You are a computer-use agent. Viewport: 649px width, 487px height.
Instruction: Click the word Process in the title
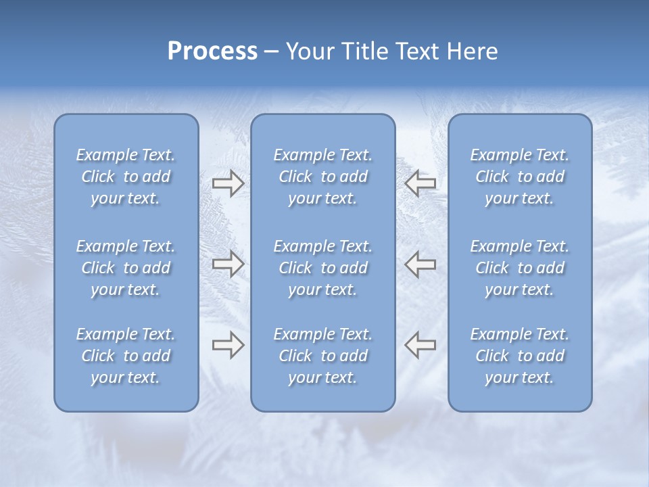tap(212, 51)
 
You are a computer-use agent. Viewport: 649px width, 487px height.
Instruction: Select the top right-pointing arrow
tap(229, 183)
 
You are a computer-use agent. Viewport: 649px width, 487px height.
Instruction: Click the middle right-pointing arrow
tap(229, 264)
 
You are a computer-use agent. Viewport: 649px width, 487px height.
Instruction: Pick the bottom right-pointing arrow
tap(229, 345)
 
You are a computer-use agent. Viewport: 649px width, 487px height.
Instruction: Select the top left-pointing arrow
tap(420, 183)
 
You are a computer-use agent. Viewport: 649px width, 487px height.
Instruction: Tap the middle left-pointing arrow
tap(420, 264)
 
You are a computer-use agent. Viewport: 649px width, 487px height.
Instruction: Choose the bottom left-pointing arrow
tap(420, 345)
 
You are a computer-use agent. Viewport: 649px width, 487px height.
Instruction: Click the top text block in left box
tap(126, 177)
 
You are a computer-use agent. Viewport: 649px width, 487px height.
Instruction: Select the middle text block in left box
tap(126, 268)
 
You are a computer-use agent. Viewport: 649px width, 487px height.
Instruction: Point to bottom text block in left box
tap(126, 356)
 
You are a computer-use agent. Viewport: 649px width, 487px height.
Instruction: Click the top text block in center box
tap(323, 177)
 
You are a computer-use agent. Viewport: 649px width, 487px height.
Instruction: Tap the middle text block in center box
tap(323, 268)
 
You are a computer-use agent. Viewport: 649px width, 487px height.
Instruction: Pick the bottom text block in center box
tap(323, 356)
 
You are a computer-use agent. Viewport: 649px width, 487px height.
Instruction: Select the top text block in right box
tap(520, 177)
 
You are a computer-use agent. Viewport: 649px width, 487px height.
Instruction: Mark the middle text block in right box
tap(520, 268)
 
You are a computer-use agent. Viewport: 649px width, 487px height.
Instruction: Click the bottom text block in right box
tap(520, 356)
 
